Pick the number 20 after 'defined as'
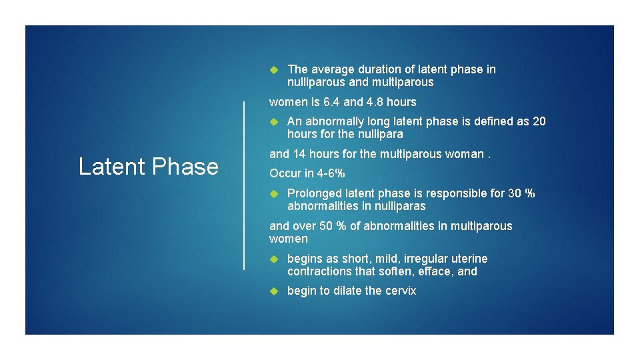click(539, 121)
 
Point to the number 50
click(326, 226)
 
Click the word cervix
click(400, 291)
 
